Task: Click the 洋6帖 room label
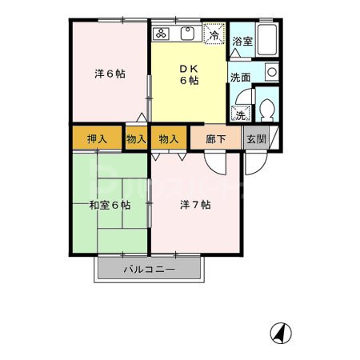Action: coord(110,74)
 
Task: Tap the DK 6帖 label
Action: coord(188,74)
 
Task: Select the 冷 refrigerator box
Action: coord(214,34)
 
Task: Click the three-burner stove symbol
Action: coord(162,34)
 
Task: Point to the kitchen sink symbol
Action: coord(190,34)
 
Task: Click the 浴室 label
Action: coord(242,42)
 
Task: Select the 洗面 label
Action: coord(240,78)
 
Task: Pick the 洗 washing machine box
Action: coord(240,114)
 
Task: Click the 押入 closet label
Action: coord(97,138)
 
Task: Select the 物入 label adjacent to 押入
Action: coord(136,138)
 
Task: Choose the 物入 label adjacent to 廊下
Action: coord(169,138)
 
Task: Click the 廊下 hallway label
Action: coord(216,138)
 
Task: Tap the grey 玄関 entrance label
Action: coord(256,138)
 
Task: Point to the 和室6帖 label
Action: coord(110,205)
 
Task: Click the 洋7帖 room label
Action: coord(195,205)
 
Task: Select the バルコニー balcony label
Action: coord(149,270)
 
